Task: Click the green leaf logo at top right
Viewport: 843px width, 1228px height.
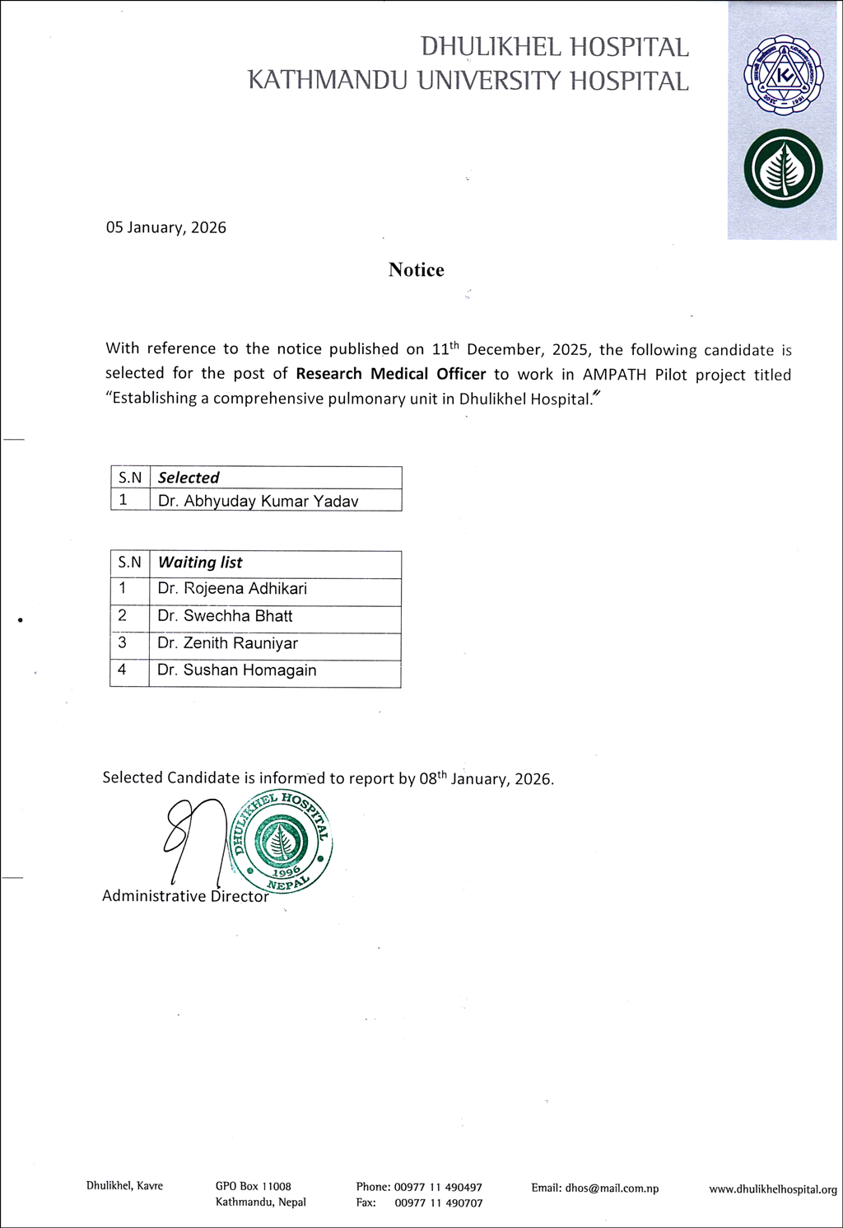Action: (783, 169)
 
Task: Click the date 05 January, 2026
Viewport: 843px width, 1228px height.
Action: (165, 227)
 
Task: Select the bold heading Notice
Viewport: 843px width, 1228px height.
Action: (416, 270)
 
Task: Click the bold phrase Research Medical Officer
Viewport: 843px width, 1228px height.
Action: (391, 374)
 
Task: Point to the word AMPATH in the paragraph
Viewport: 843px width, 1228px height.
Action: (614, 375)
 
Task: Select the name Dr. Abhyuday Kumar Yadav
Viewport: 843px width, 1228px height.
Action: (258, 501)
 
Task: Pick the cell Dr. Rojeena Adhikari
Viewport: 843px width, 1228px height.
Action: (232, 589)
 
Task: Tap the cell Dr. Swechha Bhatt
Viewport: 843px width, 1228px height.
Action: (225, 616)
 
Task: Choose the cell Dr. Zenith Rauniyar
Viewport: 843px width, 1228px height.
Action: (227, 643)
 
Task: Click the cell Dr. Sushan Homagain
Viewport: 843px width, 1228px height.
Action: (237, 670)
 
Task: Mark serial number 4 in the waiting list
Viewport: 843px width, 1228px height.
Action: (122, 670)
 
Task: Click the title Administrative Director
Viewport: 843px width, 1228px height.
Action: (185, 896)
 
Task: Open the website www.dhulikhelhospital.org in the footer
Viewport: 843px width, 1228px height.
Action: (772, 1189)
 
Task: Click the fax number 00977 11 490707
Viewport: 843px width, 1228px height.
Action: (438, 1203)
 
